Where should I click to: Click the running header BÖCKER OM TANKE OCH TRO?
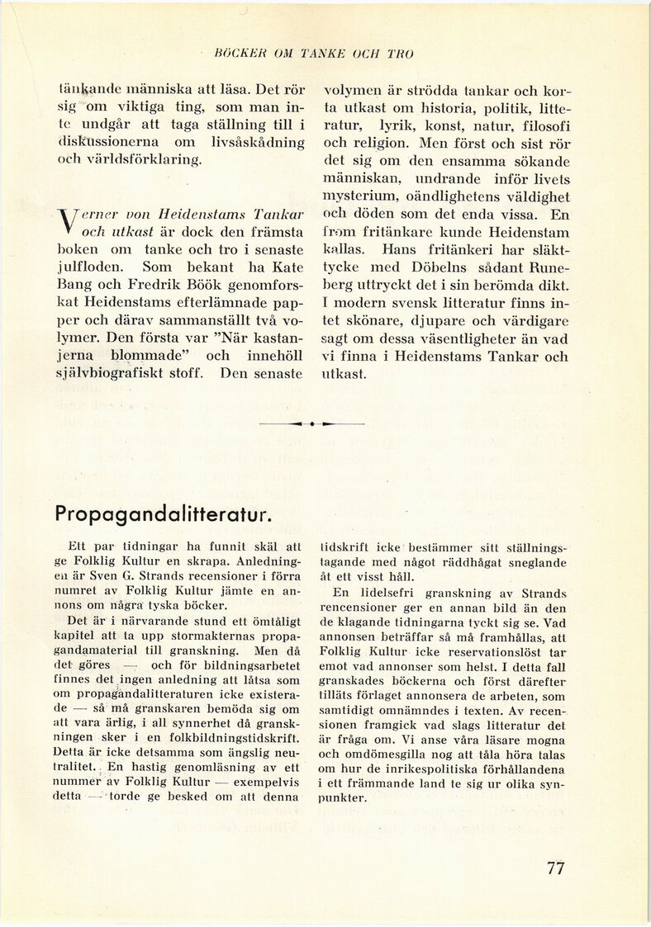point(313,54)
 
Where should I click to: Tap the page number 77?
point(555,868)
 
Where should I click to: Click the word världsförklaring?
point(140,158)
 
